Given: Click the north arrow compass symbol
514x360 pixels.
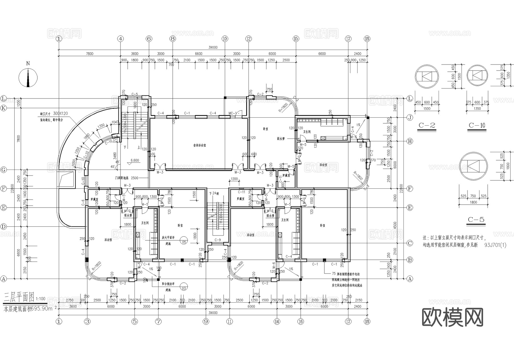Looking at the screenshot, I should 28,77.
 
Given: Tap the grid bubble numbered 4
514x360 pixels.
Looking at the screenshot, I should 121,39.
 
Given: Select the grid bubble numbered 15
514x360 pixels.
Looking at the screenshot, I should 296,39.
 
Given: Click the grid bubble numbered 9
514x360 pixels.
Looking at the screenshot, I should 206,321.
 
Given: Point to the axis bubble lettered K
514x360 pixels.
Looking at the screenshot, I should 3,108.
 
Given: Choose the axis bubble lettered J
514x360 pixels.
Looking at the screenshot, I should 410,118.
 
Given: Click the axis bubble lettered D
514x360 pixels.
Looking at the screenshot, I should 3,227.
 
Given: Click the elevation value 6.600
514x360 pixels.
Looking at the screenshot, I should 135,160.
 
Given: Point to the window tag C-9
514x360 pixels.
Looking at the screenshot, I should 218,240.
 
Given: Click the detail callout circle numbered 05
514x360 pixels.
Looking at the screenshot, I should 184,242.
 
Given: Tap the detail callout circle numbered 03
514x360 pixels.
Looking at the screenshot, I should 184,288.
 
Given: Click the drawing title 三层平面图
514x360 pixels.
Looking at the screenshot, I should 19,297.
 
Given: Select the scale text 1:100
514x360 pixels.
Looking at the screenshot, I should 41,299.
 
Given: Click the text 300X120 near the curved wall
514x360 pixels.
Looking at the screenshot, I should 61,113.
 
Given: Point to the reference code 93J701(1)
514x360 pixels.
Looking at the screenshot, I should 495,245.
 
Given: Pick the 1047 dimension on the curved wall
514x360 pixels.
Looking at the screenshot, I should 115,122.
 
